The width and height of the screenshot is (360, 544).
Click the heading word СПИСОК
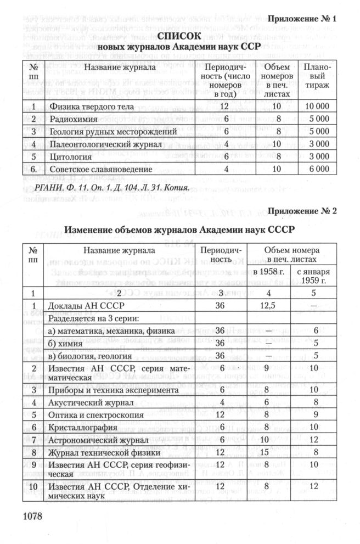coord(181,36)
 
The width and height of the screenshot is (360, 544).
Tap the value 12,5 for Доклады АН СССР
coord(265,305)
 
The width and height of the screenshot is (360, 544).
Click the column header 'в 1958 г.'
coord(269,271)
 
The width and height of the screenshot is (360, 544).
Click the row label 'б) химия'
coord(69,343)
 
